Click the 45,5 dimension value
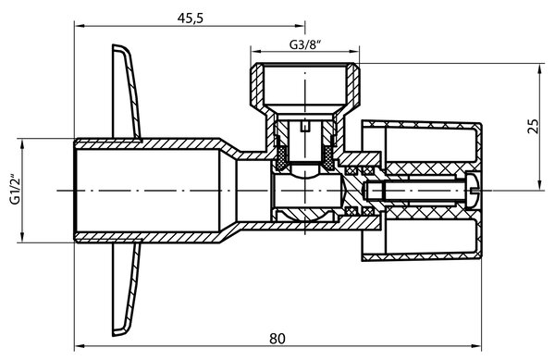pyautogui.click(x=191, y=18)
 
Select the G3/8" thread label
pyautogui.click(x=305, y=44)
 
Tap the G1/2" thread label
pyautogui.click(x=15, y=189)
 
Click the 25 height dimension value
pyautogui.click(x=534, y=127)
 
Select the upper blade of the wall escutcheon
pyautogui.click(x=127, y=91)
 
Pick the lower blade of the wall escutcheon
pyautogui.click(x=127, y=290)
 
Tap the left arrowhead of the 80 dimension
pyautogui.click(x=80, y=345)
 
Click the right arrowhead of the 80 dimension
pyautogui.click(x=476, y=345)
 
